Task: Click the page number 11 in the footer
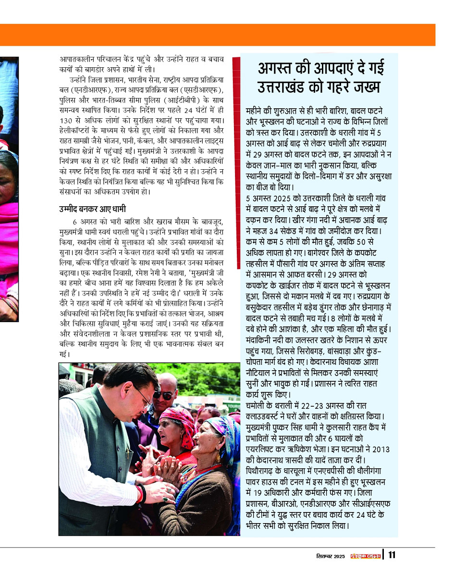click(x=392, y=555)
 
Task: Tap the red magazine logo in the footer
click(x=366, y=556)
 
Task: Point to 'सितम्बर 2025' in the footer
click(x=331, y=556)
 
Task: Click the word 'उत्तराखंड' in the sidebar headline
click(x=287, y=88)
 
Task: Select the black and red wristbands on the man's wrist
click(x=142, y=493)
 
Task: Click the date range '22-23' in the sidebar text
click(x=315, y=406)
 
